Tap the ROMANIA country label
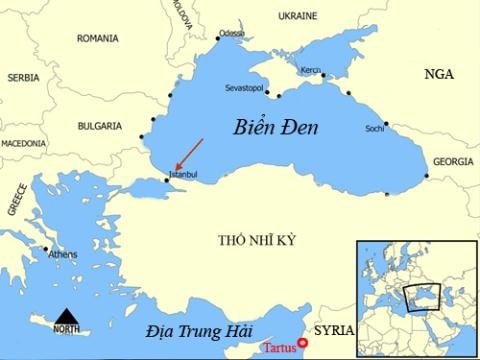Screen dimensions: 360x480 coord(99,38)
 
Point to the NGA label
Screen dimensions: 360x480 coord(438,75)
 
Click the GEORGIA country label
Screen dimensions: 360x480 coord(454,162)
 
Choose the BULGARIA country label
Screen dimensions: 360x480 coord(99,126)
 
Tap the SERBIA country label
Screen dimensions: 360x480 coord(23,77)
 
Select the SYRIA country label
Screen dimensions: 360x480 coord(334,327)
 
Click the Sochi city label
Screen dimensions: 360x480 coord(375,129)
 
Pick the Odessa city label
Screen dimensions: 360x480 coord(231,33)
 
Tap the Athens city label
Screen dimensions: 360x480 coord(62,255)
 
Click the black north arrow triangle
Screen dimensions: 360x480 coord(66,315)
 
